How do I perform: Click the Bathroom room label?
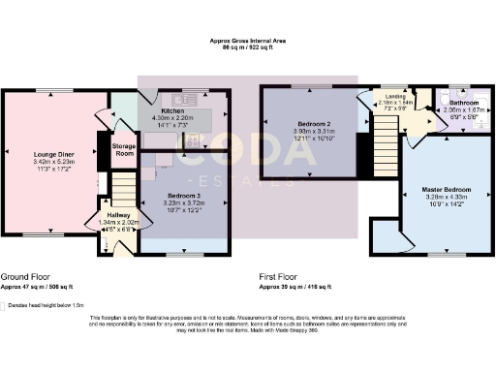click(462, 102)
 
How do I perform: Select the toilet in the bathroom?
click(443, 100)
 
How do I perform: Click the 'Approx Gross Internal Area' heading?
click(247, 40)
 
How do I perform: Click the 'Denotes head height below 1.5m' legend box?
click(8, 305)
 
